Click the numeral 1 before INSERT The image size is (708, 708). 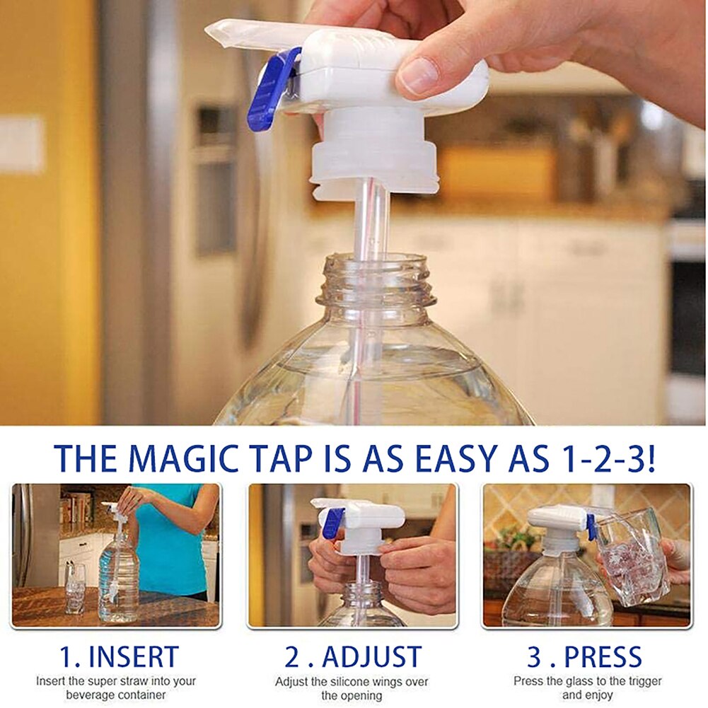click(x=65, y=658)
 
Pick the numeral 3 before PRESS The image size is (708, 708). click(x=535, y=658)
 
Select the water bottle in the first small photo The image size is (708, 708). click(x=118, y=573)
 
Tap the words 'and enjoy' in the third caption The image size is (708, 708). click(x=586, y=695)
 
